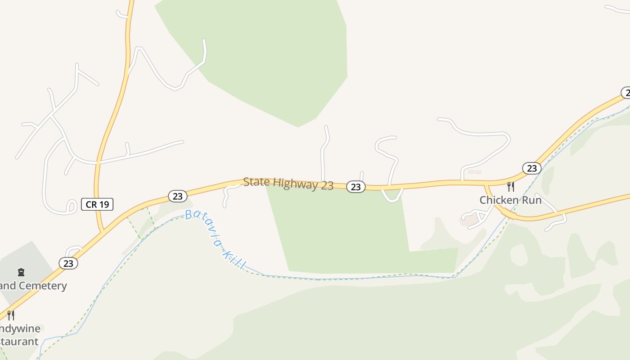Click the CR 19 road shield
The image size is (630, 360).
[97, 204]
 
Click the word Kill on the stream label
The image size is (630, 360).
[234, 260]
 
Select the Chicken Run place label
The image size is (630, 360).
[510, 200]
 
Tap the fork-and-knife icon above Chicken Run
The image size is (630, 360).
[510, 186]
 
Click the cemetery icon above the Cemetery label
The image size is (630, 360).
[21, 272]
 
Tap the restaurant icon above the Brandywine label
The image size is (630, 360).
[11, 315]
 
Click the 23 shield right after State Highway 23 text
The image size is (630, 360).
[355, 186]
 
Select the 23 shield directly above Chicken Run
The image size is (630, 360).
[531, 168]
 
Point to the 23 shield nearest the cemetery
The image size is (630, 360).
[68, 263]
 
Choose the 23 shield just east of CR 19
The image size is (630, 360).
[177, 196]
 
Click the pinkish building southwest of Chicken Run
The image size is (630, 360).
[469, 220]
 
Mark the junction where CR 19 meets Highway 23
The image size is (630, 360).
[103, 231]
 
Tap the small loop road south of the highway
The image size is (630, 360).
[392, 195]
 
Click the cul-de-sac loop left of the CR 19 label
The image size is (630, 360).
[71, 206]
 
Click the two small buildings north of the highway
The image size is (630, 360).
[474, 172]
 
